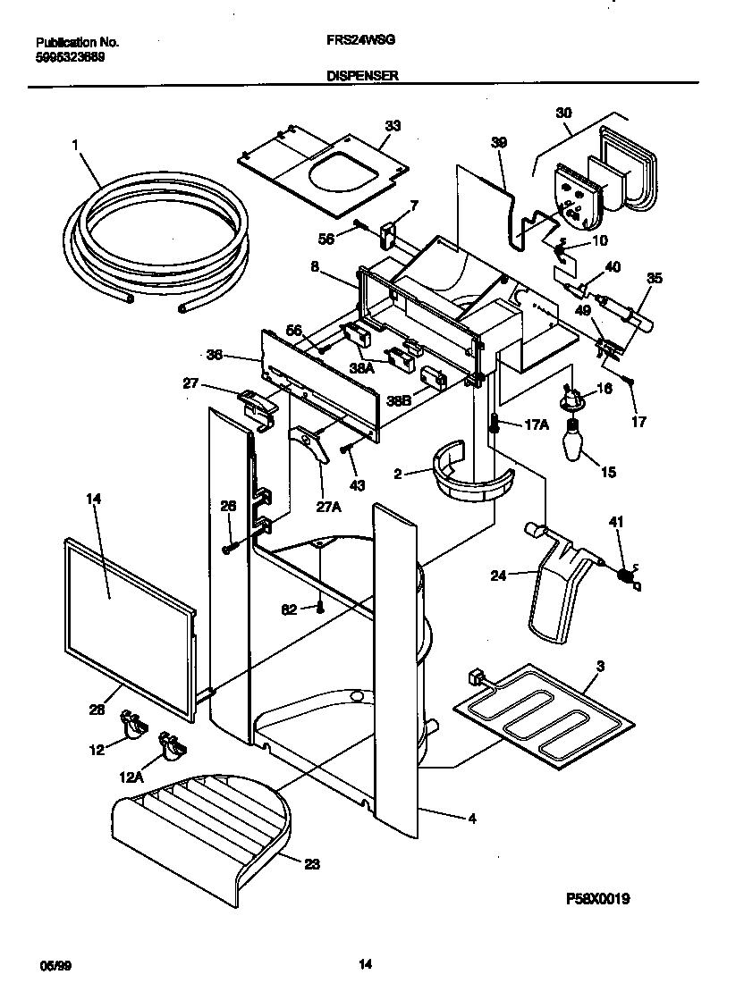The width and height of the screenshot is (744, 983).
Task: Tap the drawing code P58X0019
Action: tap(598, 900)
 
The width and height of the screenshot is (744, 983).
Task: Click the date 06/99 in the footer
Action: tap(55, 964)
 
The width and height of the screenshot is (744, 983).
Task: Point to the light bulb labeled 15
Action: tap(571, 441)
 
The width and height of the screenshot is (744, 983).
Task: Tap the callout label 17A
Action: tap(535, 425)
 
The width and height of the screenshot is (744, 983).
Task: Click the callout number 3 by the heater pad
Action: tap(600, 666)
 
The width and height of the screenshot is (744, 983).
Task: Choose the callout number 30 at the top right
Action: tap(562, 113)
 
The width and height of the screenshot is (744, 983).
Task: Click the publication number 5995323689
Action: tap(77, 55)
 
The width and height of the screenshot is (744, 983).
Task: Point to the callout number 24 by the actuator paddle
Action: tap(498, 576)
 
